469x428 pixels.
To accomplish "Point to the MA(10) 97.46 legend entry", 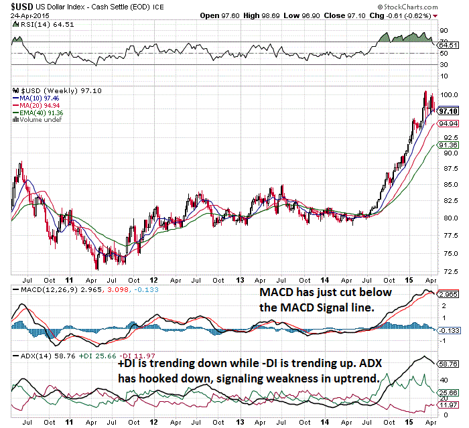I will [38, 98].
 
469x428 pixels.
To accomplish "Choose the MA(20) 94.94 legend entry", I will [38, 105].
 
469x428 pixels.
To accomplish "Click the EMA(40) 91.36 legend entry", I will [39, 113].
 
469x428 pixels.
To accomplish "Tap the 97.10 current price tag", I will [448, 111].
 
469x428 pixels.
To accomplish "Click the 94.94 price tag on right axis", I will [448, 124].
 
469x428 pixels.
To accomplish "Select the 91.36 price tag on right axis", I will [448, 145].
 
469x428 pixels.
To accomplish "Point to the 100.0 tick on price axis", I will [448, 94].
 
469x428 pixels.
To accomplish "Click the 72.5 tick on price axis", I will [446, 273].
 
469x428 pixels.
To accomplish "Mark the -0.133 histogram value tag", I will [448, 330].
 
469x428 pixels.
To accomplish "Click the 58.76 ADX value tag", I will [448, 364].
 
